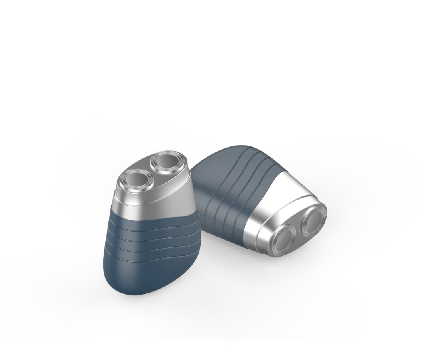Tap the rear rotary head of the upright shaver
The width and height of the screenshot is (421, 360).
click(167, 162)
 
